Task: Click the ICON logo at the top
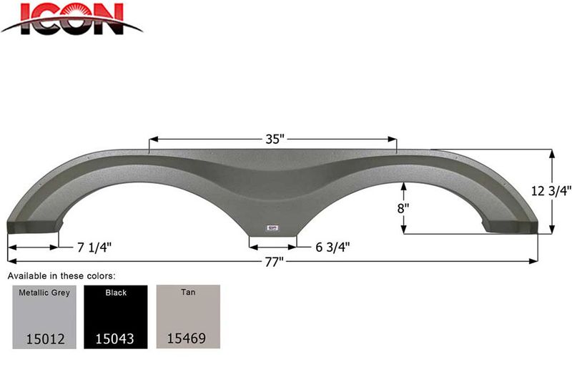(71, 19)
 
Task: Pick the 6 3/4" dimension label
(332, 247)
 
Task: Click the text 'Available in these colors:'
(61, 275)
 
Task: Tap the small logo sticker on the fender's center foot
(272, 229)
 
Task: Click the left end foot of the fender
(32, 225)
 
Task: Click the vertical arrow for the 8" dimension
(404, 207)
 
